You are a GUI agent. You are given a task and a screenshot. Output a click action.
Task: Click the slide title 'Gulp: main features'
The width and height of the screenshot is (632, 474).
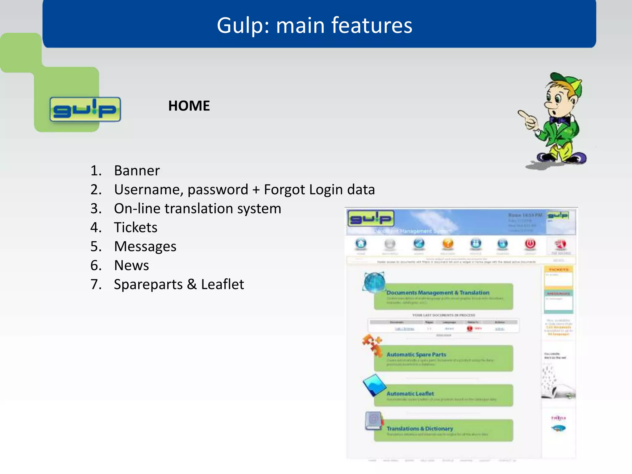click(314, 25)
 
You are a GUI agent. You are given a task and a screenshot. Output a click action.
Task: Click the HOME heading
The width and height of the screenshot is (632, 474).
click(189, 106)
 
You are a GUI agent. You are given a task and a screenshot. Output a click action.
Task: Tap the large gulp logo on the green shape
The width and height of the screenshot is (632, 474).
click(85, 109)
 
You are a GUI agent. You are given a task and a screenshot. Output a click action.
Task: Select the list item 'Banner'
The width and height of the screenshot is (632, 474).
click(137, 171)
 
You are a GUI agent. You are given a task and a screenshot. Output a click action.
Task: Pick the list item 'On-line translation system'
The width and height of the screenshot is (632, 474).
click(197, 209)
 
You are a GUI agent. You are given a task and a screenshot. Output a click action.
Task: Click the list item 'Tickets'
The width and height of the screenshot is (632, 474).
click(135, 227)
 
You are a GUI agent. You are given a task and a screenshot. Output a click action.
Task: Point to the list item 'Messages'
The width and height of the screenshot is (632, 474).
click(145, 247)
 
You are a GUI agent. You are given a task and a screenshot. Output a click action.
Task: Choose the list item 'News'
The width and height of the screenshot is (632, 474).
click(131, 265)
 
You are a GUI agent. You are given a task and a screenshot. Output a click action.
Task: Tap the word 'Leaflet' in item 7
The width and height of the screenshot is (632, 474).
click(222, 284)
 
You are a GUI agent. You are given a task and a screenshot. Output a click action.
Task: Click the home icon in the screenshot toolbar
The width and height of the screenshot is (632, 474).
click(361, 244)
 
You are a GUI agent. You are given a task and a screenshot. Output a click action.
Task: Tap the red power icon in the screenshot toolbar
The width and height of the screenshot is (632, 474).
click(530, 244)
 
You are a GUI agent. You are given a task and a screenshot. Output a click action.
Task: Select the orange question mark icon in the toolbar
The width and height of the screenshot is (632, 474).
click(448, 244)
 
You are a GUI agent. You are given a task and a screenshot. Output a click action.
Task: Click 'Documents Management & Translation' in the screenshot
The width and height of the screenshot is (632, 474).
click(438, 293)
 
